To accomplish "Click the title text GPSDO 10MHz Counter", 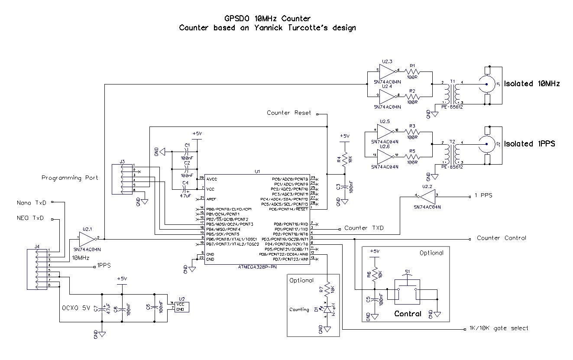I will [x=267, y=18].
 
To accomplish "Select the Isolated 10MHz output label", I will [x=532, y=84].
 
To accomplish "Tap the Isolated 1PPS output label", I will [x=529, y=143].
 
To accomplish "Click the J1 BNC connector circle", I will [x=486, y=84].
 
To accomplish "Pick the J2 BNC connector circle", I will [x=486, y=144].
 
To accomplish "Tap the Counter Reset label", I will [x=288, y=113].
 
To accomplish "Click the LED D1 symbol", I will [x=327, y=309].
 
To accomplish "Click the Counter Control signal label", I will [x=501, y=238].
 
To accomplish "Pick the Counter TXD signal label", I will [x=364, y=228].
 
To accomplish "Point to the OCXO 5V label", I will [x=77, y=308].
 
